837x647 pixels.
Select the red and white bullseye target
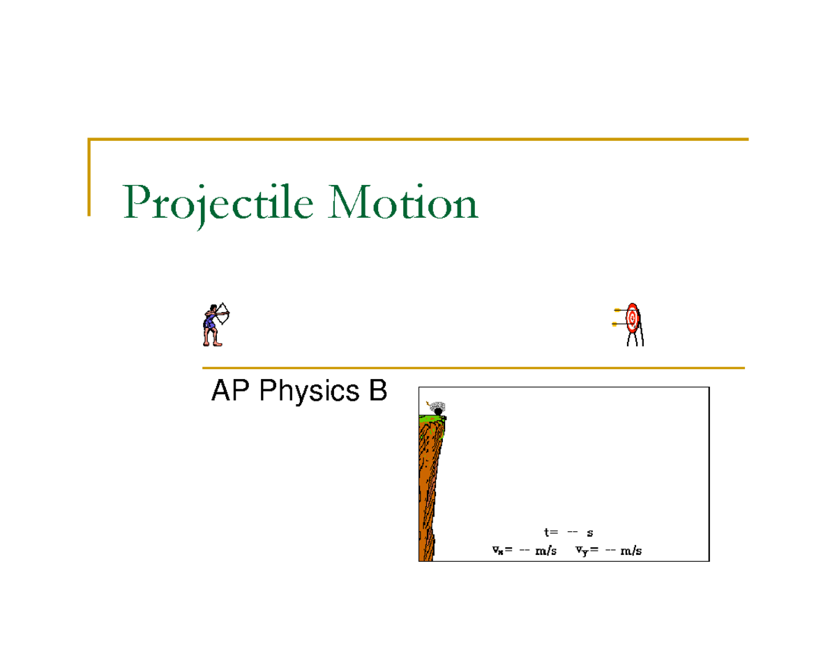633,318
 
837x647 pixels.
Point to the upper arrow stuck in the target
619,310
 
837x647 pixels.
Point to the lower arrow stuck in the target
617,324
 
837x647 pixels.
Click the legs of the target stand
636,339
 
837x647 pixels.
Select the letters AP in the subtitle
228,392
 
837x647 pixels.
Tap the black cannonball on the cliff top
438,411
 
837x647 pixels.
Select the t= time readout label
551,533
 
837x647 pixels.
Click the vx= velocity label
502,551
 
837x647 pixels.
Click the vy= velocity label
587,551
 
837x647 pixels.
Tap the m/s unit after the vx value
545,551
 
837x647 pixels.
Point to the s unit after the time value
590,533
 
